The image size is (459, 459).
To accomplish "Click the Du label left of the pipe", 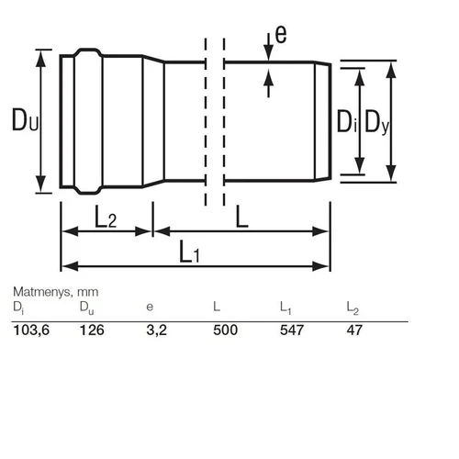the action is (x=25, y=119).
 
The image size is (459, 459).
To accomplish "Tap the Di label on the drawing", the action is (x=347, y=121).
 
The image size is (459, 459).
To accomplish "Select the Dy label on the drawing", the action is (x=377, y=122).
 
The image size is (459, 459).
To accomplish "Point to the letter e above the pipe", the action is (x=281, y=34).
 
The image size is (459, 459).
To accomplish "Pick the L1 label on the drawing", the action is (x=189, y=252).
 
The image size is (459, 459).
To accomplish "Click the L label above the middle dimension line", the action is (x=241, y=217).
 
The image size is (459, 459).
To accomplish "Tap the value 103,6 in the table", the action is (x=31, y=330).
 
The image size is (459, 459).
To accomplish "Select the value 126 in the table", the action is (x=92, y=330).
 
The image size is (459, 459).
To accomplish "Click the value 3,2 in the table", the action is (x=156, y=330).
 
